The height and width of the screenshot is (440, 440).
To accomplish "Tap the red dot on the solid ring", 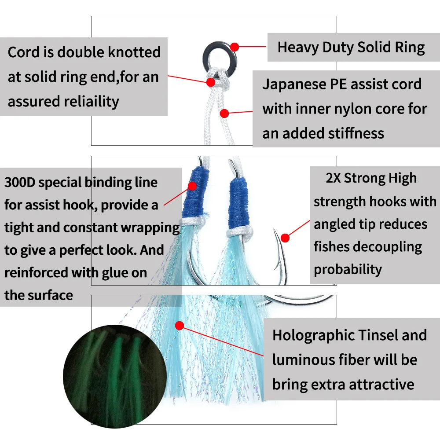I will tap(235, 47).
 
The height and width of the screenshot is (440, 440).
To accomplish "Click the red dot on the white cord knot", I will tap(211, 82).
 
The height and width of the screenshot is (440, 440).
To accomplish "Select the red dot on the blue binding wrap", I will tap(192, 186).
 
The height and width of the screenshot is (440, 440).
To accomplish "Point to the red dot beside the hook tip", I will tap(285, 238).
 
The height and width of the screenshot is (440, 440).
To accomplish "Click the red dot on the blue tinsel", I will tap(179, 326).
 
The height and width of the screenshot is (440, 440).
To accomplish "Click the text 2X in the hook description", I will tap(333, 178).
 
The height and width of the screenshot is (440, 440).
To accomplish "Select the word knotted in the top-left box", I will tap(132, 52).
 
